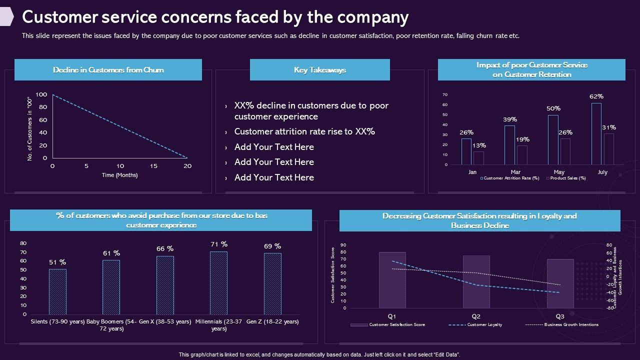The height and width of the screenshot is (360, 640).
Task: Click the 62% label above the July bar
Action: pyautogui.click(x=596, y=96)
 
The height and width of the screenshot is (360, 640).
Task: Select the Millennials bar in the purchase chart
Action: pyautogui.click(x=218, y=283)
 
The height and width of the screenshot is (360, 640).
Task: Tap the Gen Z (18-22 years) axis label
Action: pyautogui.click(x=272, y=321)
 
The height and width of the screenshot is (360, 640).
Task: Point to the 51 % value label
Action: pyautogui.click(x=57, y=262)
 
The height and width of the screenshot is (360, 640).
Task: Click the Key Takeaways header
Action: pyautogui.click(x=319, y=70)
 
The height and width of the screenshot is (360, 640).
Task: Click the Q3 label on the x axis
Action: pyautogui.click(x=560, y=316)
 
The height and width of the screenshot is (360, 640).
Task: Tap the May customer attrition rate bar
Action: pyautogui.click(x=553, y=140)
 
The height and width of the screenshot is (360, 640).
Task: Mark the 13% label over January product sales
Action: pyautogui.click(x=478, y=145)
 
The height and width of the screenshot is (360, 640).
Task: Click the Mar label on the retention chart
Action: pyautogui.click(x=515, y=172)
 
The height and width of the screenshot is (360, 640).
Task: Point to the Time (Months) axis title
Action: pyautogui.click(x=119, y=175)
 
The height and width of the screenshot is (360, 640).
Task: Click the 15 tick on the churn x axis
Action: pyautogui.click(x=154, y=166)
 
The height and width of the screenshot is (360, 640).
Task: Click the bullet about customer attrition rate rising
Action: pyautogui.click(x=304, y=131)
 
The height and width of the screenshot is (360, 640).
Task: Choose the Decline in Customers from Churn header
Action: pyautogui.click(x=108, y=70)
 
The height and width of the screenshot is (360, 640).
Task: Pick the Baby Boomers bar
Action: pyautogui.click(x=111, y=287)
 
